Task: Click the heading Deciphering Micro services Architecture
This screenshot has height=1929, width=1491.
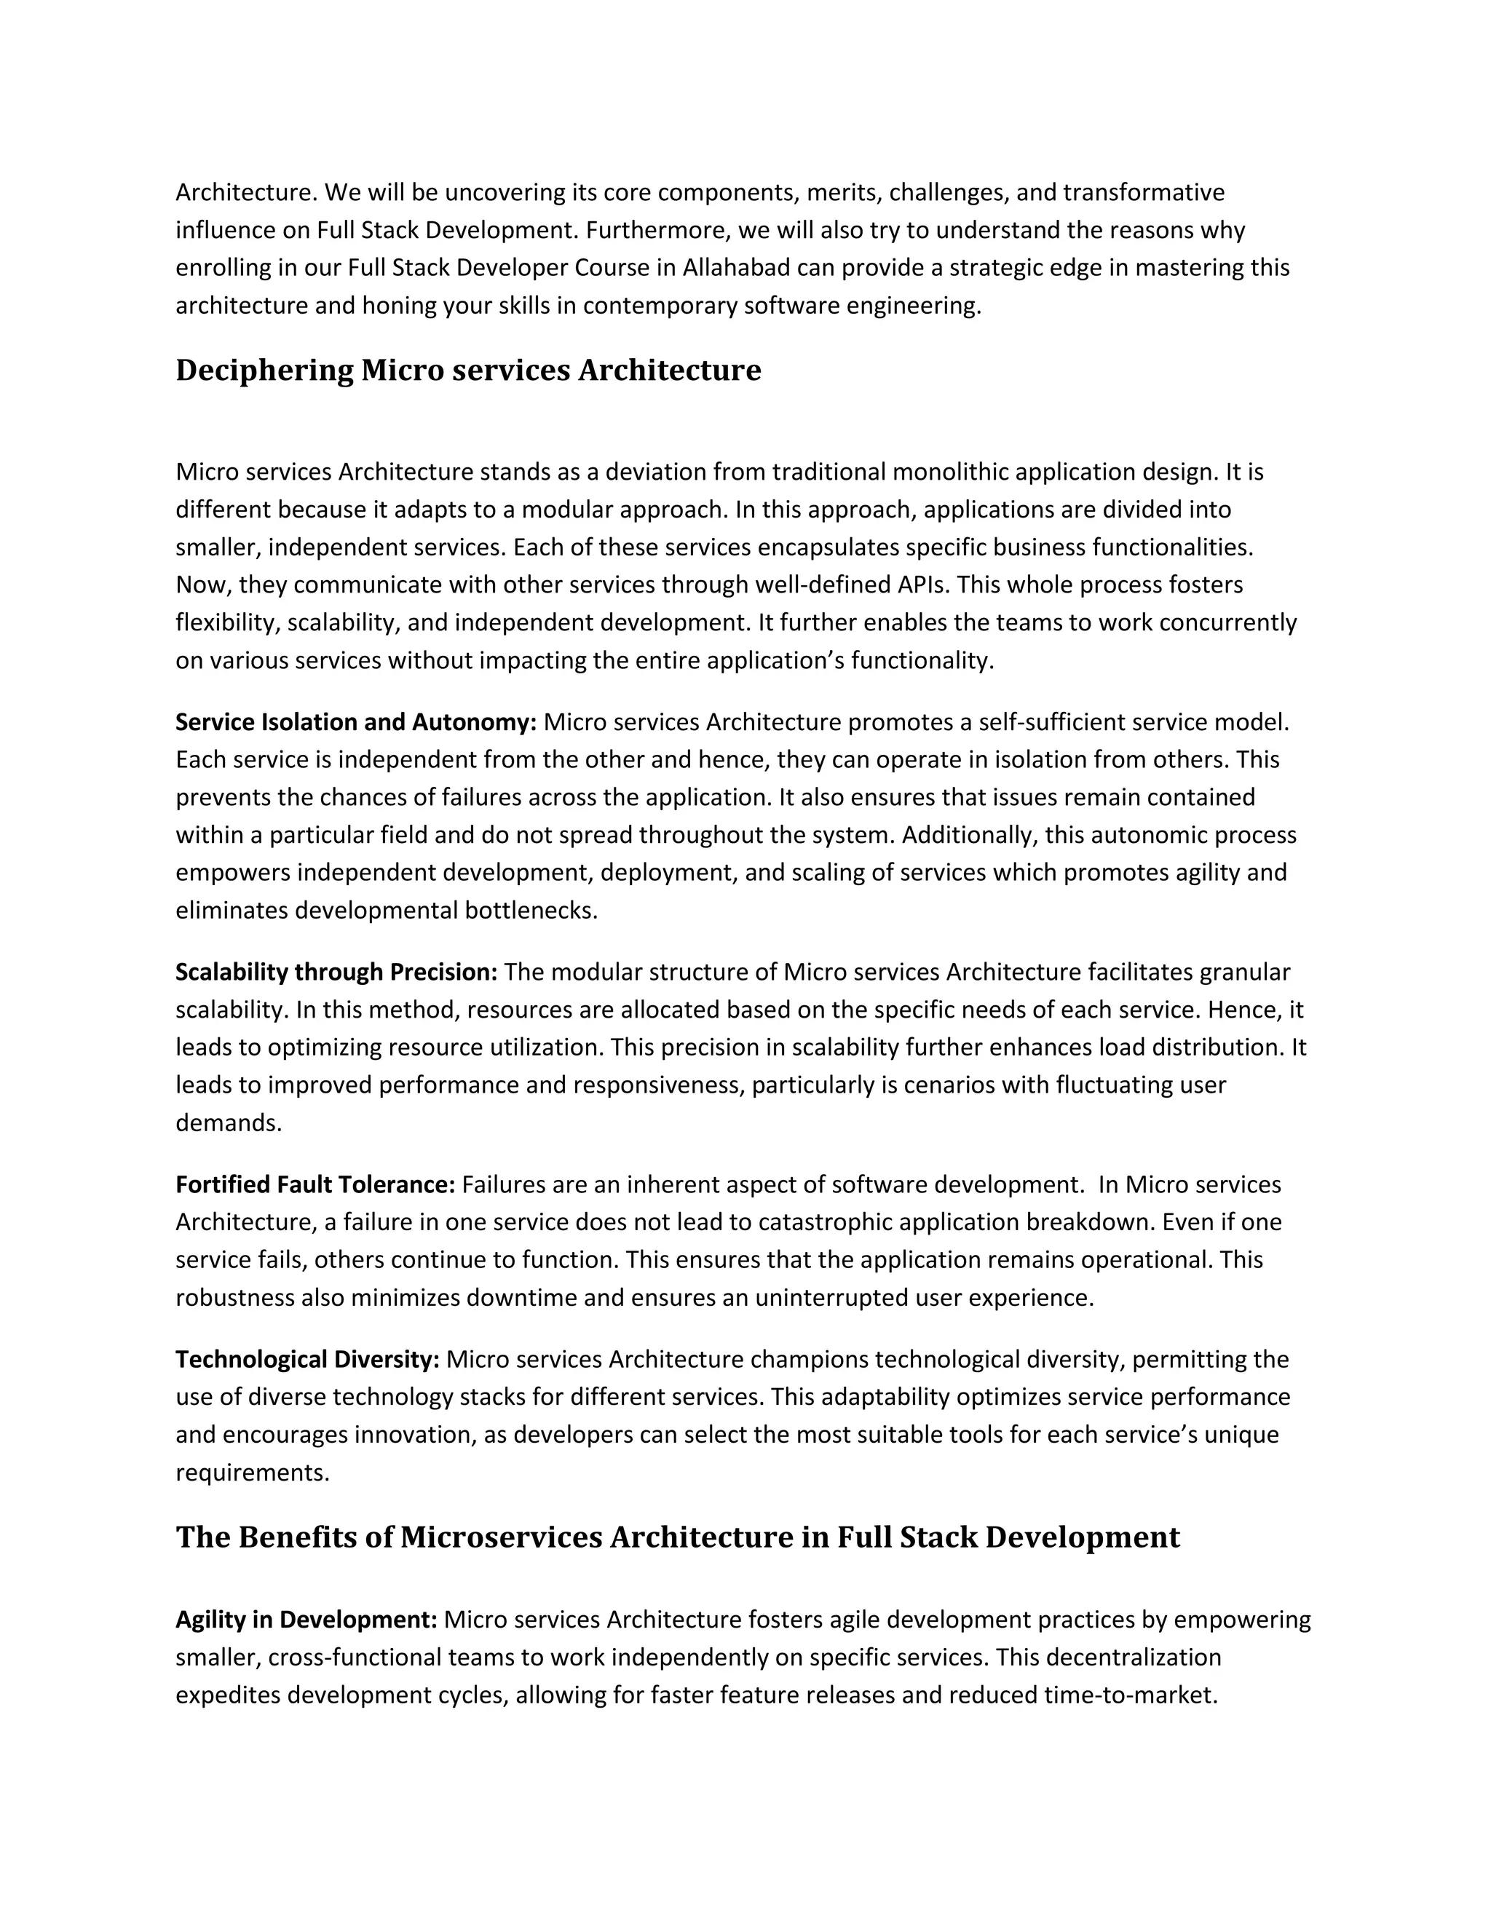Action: pos(467,370)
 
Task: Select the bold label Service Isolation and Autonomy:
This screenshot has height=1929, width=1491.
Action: pos(355,723)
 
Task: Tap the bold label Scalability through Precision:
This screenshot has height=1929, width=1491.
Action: pos(336,973)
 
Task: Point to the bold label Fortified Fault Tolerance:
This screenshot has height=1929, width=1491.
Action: pos(315,1184)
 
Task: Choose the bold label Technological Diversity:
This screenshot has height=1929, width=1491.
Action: pos(306,1359)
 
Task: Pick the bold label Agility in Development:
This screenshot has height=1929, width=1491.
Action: pos(306,1620)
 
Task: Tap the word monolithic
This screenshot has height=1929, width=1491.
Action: pos(950,472)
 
